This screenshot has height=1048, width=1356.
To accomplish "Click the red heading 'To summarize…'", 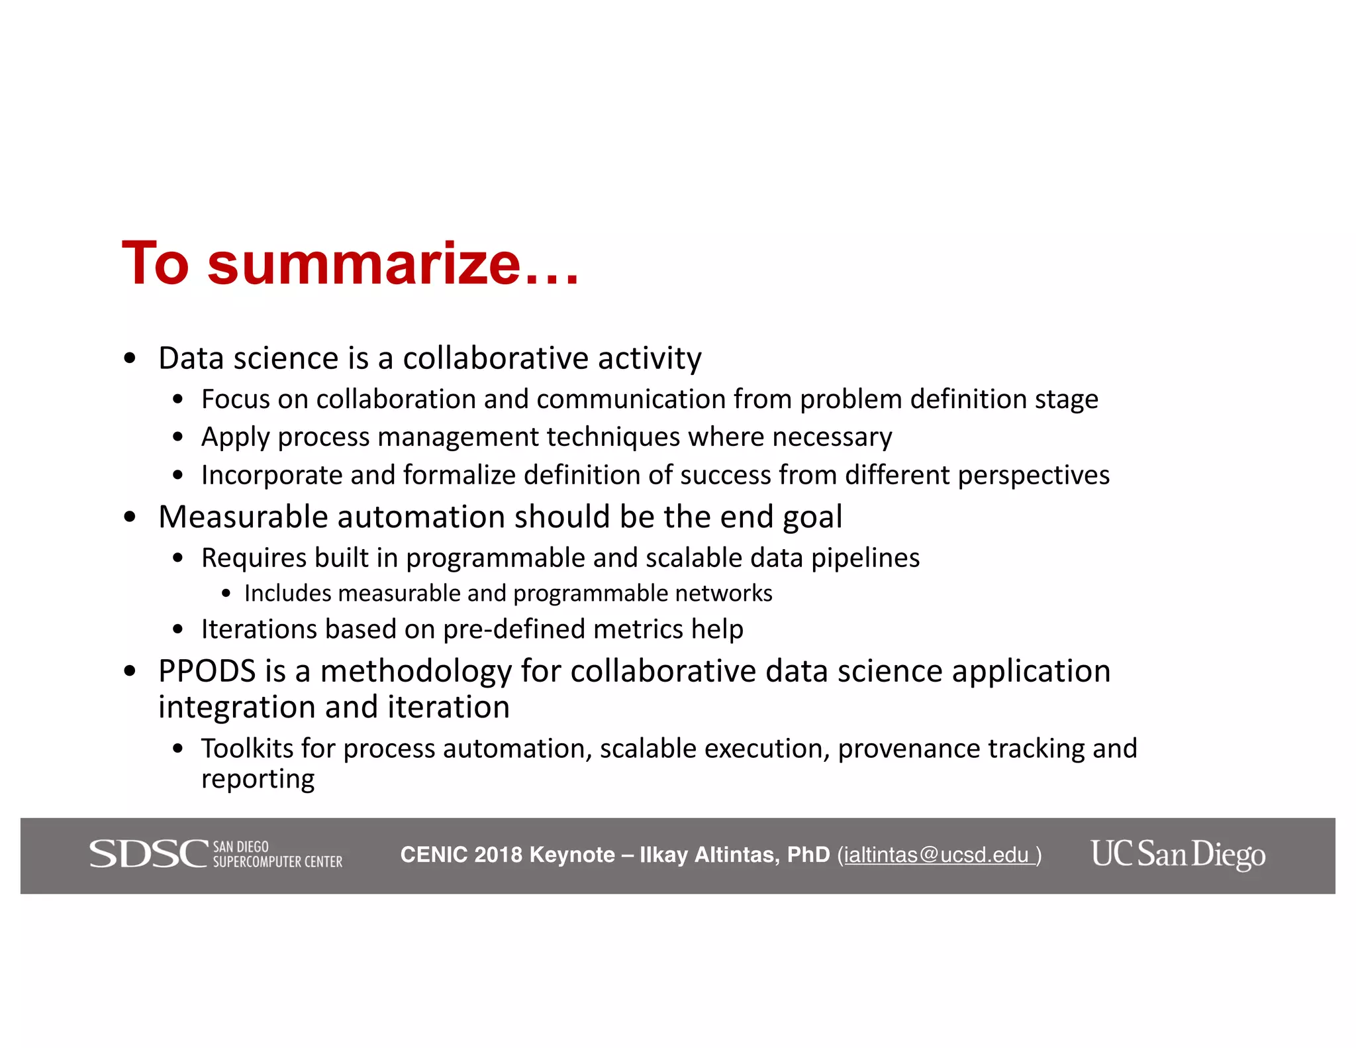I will [350, 264].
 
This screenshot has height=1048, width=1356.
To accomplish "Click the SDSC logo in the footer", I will [216, 854].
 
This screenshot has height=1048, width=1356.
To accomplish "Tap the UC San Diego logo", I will [1178, 854].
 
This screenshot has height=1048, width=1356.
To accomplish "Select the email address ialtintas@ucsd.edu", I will [936, 855].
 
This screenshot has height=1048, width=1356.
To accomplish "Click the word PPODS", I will [207, 671].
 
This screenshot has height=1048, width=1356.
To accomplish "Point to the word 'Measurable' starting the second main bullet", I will [243, 517].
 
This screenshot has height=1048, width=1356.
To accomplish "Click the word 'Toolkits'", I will [247, 749].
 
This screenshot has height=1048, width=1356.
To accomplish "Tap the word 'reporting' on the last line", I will [258, 780].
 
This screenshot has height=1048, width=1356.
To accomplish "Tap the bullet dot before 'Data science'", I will [130, 358].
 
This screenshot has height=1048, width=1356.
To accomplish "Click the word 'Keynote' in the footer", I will [572, 855].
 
